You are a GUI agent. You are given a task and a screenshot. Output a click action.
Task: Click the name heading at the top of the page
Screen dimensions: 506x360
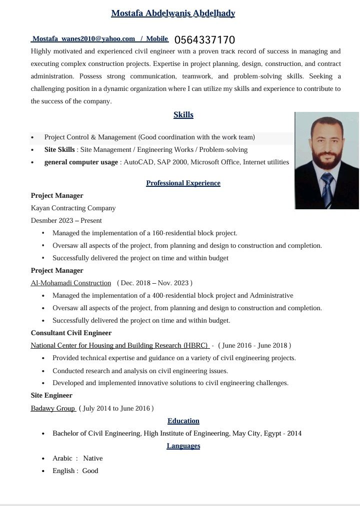(173, 13)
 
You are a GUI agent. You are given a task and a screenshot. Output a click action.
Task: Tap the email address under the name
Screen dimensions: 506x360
(84, 39)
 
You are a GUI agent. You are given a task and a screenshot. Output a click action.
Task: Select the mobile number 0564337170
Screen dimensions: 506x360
(204, 40)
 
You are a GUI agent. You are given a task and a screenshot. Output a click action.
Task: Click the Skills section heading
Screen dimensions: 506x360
(183, 115)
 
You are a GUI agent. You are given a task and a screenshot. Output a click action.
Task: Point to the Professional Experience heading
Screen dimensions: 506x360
(183, 183)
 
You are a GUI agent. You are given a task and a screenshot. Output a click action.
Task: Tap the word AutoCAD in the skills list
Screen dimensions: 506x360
(138, 162)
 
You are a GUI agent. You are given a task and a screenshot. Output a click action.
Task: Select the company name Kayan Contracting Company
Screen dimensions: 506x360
(73, 208)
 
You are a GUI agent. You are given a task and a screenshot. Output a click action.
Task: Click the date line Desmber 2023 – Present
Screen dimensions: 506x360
(66, 221)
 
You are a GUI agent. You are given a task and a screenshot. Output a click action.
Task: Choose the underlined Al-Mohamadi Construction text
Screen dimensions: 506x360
(71, 283)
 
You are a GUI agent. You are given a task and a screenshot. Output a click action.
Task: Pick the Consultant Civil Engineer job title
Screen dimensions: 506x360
(71, 333)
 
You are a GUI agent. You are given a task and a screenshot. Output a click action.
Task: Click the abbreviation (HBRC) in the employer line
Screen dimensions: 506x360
(195, 346)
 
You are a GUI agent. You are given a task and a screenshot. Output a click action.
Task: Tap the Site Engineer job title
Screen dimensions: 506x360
(51, 396)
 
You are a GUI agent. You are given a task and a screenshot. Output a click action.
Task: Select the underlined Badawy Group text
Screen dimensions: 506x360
(52, 409)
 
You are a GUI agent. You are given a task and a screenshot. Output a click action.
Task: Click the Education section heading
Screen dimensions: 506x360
(183, 421)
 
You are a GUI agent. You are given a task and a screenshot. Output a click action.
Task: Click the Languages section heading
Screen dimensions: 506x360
(183, 446)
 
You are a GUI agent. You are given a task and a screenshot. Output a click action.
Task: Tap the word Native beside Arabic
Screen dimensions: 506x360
(93, 459)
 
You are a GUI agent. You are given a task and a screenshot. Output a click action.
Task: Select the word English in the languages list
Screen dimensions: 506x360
(64, 471)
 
